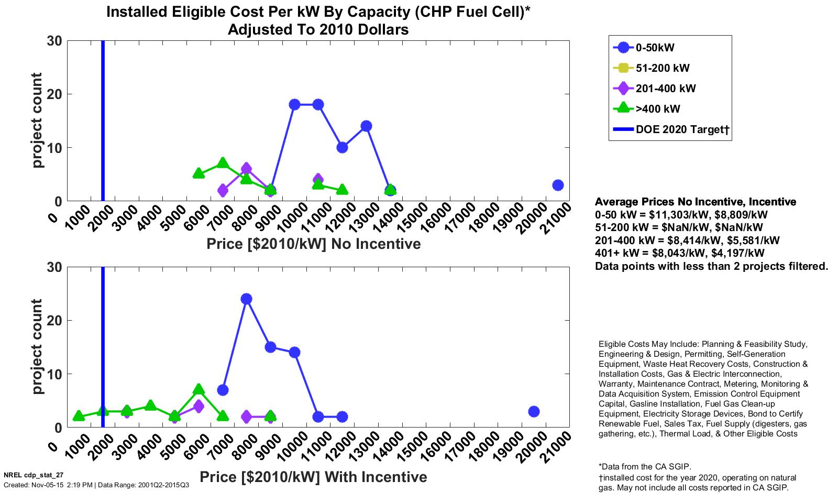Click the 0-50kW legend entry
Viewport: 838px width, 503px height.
click(x=655, y=48)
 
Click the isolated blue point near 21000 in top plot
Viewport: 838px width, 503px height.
click(x=558, y=185)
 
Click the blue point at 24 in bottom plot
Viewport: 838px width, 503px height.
click(x=247, y=299)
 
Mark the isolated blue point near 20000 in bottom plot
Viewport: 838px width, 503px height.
click(x=534, y=411)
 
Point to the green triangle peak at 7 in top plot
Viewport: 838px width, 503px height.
click(x=223, y=163)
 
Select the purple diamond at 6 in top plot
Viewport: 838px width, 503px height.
click(x=246, y=169)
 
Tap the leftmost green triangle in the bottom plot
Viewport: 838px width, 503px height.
click(x=79, y=416)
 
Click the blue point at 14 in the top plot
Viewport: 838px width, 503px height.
click(x=366, y=126)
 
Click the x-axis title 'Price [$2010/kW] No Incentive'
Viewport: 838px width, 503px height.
click(x=313, y=244)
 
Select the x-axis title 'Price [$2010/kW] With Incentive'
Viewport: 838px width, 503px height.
click(x=313, y=477)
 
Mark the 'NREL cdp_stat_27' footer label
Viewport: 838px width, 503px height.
click(x=34, y=475)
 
